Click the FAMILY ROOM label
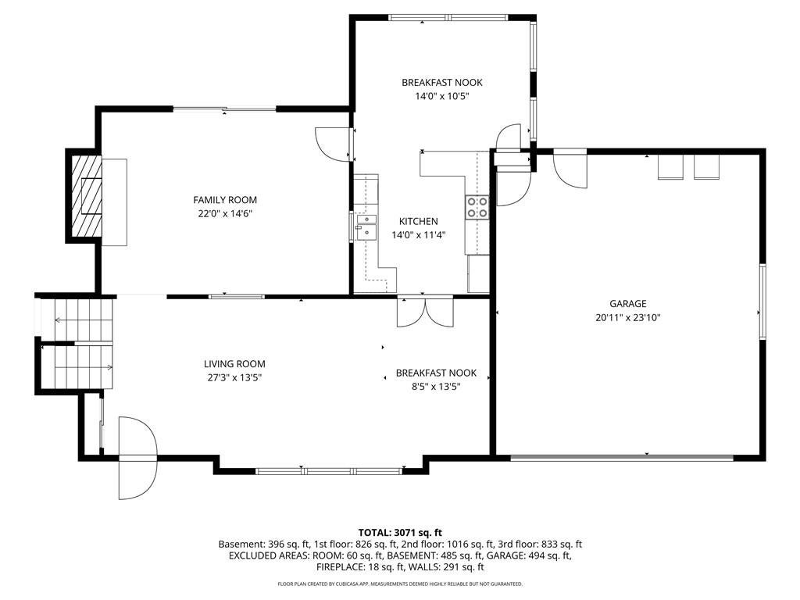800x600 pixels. click(x=225, y=200)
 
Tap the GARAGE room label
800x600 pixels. click(x=627, y=304)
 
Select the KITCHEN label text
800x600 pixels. click(x=419, y=221)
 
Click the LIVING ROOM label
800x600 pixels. click(x=234, y=364)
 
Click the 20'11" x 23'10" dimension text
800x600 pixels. click(x=627, y=317)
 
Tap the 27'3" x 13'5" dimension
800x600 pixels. click(x=234, y=377)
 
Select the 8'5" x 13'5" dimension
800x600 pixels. click(x=436, y=387)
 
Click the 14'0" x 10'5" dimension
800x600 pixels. click(x=442, y=96)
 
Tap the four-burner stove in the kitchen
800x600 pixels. click(x=477, y=208)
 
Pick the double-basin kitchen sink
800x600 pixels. click(x=366, y=227)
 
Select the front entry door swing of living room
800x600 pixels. click(x=137, y=458)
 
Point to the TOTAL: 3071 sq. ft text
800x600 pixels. click(x=400, y=534)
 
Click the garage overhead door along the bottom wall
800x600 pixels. click(x=623, y=458)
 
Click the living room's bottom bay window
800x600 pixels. click(x=329, y=471)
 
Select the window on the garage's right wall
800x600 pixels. click(x=762, y=302)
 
